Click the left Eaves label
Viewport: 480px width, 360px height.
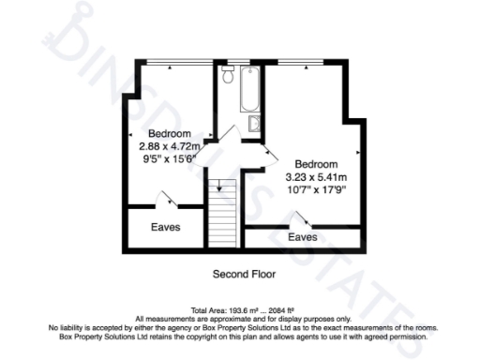(x=165, y=227)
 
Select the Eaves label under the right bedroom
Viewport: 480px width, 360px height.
(x=302, y=237)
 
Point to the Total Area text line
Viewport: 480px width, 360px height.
(x=240, y=310)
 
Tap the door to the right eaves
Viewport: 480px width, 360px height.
(x=301, y=219)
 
